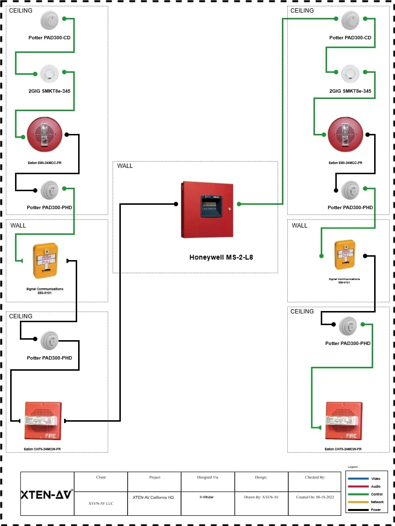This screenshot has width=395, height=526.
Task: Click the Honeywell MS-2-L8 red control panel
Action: point(208,209)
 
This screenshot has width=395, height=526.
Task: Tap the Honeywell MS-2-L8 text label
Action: point(221,257)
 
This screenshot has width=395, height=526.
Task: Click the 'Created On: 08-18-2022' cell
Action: point(314,497)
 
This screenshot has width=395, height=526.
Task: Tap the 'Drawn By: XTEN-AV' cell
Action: point(261,497)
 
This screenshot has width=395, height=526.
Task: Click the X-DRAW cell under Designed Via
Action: point(207,497)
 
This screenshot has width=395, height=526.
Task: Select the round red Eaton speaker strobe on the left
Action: point(45,134)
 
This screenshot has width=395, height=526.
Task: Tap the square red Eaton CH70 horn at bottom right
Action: point(344,420)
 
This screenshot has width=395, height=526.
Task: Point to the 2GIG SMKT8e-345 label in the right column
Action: point(350,91)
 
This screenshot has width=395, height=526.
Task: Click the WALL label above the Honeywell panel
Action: point(125,166)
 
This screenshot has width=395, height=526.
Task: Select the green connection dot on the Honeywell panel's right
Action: point(239,204)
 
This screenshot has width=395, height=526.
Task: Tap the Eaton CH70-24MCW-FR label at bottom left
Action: point(42,449)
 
